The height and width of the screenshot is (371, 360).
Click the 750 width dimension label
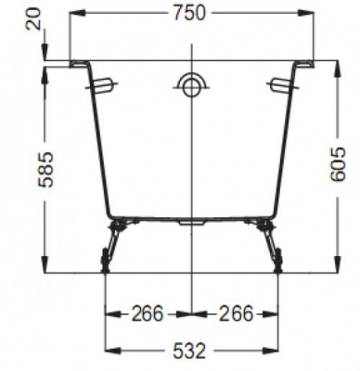point(189,13)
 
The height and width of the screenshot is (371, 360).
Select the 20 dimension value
point(33,19)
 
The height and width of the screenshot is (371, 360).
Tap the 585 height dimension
point(45,170)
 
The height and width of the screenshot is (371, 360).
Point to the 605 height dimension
point(337,164)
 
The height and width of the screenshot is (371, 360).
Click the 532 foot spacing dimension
point(189,351)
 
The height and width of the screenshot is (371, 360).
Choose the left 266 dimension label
point(148,313)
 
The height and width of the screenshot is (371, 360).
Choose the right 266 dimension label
point(237,313)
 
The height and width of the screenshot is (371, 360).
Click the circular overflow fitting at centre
point(192,86)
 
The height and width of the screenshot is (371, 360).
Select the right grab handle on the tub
point(282,84)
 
